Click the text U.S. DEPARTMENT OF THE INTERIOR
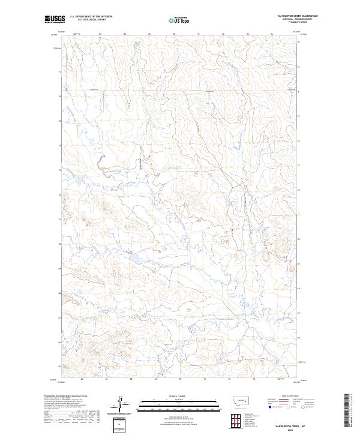91,17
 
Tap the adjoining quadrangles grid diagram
234,419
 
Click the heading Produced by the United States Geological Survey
64,396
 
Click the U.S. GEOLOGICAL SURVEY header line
91,20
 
